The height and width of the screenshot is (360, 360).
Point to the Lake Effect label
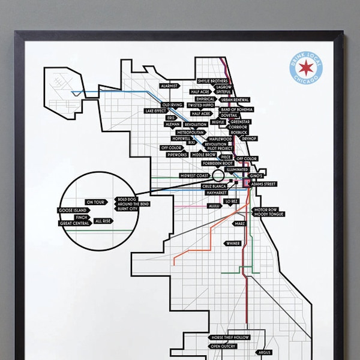(x=155, y=111)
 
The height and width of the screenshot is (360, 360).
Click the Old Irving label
(x=173, y=105)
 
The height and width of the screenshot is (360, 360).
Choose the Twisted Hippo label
(x=202, y=104)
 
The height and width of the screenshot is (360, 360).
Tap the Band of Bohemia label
(x=236, y=110)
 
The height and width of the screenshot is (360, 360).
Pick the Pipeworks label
(x=178, y=154)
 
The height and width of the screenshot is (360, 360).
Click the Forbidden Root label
(x=218, y=163)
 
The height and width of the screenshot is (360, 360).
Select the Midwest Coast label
(x=193, y=175)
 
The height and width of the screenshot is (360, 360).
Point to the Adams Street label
(x=264, y=184)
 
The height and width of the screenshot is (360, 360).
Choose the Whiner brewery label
(x=233, y=243)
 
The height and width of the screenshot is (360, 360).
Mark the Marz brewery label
(x=241, y=223)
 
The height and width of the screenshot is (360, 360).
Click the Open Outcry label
(x=222, y=346)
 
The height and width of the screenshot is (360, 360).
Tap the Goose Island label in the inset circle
(x=74, y=211)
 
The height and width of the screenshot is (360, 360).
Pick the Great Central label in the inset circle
(x=74, y=223)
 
